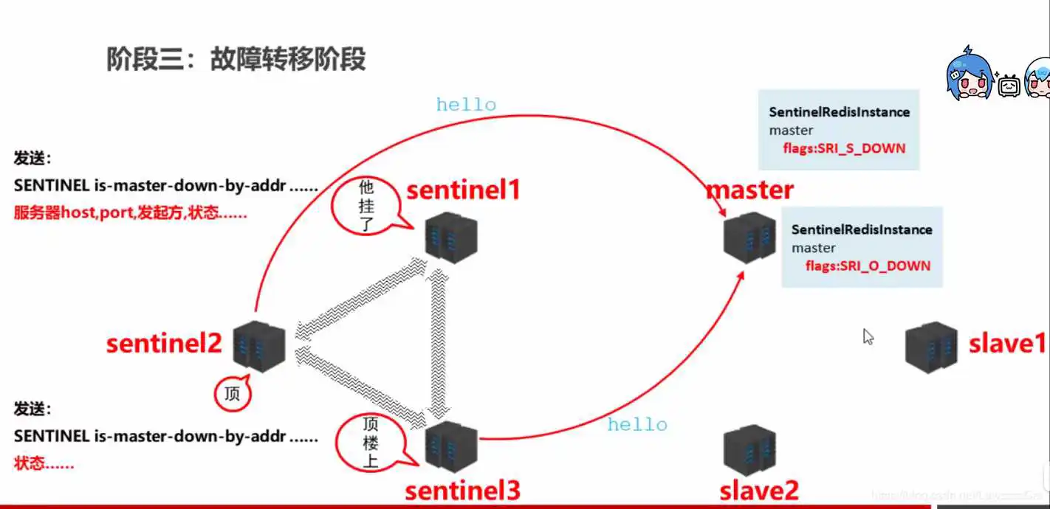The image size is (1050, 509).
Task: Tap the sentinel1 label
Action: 463,190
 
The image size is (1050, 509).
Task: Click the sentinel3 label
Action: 462,490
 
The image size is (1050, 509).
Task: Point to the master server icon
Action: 749,237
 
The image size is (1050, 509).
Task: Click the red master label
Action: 749,190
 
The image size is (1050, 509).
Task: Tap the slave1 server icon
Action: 931,346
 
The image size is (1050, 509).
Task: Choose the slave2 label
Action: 759,491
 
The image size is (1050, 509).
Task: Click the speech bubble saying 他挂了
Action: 366,204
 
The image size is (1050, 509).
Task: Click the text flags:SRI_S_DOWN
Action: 844,148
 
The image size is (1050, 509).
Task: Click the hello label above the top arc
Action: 466,105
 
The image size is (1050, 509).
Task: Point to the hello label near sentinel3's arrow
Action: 636,424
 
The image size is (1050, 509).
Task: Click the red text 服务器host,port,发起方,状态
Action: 130,214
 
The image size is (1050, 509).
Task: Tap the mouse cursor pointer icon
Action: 868,337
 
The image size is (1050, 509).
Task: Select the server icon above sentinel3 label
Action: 451,447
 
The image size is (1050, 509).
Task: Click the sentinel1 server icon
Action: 451,237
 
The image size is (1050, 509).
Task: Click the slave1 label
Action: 1007,344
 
